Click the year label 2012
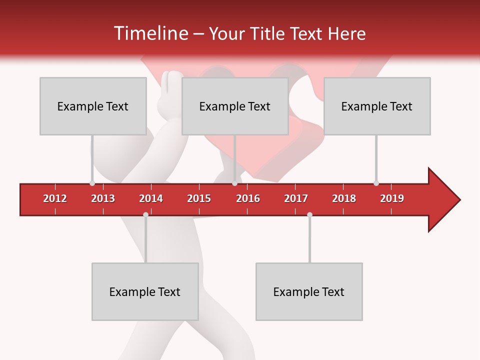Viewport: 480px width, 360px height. [x=55, y=198]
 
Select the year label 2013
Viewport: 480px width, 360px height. [x=103, y=198]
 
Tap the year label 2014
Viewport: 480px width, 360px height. [x=151, y=198]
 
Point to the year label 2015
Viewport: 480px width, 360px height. [x=199, y=198]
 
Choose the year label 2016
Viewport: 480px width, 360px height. [x=248, y=198]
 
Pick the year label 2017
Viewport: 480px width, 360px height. [x=296, y=198]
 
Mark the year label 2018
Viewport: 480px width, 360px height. [x=344, y=198]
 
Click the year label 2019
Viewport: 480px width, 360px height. [x=392, y=198]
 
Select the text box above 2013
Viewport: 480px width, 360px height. [x=93, y=106]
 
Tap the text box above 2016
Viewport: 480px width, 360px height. [x=235, y=106]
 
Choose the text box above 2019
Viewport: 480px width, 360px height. [x=377, y=106]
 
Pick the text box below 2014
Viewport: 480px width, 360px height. [x=145, y=291]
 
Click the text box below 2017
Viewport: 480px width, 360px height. [x=309, y=291]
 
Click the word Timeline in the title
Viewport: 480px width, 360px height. [x=150, y=33]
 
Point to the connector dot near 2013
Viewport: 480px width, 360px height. [x=92, y=183]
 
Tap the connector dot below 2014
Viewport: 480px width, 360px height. [x=145, y=214]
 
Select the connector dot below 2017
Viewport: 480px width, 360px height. [x=309, y=214]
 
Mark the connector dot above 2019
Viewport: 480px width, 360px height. [x=376, y=183]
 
